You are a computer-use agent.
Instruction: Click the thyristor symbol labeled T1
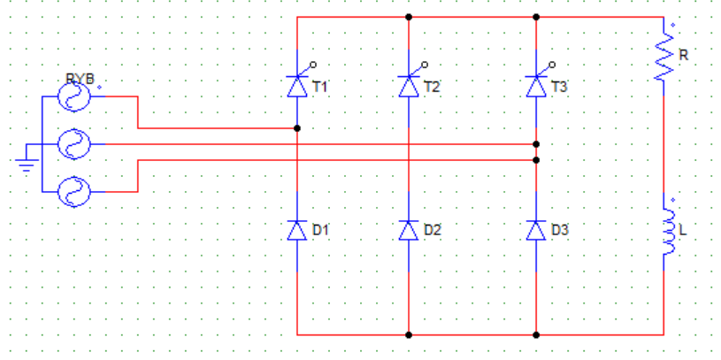coord(297,87)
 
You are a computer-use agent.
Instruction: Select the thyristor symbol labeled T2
coord(409,87)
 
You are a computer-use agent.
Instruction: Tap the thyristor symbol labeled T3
coord(536,87)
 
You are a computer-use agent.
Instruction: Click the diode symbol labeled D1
coord(297,230)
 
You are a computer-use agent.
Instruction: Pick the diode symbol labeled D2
coord(409,230)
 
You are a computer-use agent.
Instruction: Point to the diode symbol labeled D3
coord(536,230)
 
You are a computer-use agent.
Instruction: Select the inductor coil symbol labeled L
coord(667,232)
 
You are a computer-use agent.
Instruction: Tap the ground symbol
coord(27,165)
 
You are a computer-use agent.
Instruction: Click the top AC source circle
coord(73,96)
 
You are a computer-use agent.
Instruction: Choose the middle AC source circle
coord(73,144)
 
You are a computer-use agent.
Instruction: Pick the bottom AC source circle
coord(73,192)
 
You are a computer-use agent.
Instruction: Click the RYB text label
coord(80,79)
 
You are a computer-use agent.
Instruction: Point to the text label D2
coord(432,230)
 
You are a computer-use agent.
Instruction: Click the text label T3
coord(559,87)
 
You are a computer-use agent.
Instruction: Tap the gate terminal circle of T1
coord(313,65)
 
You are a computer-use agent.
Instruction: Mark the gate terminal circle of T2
coord(425,65)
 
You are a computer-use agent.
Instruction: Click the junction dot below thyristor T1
coord(297,128)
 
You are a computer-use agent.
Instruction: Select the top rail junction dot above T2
coord(409,17)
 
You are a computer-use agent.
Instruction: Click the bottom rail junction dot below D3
coord(536,335)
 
